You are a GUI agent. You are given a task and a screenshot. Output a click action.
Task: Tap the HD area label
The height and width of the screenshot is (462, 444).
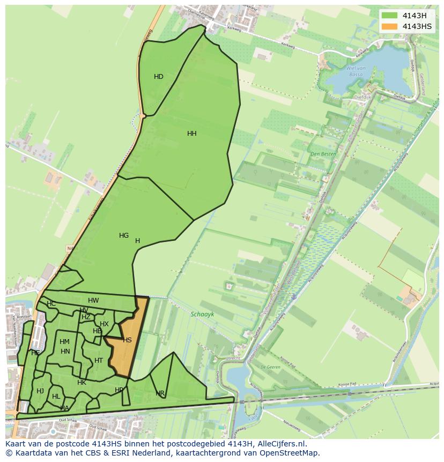pos(159,77)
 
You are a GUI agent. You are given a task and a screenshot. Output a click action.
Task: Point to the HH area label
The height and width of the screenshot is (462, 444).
pos(192,134)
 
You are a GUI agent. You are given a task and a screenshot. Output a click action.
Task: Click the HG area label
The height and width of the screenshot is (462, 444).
pos(124,236)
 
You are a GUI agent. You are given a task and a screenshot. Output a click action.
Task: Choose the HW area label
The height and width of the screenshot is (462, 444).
pos(93,300)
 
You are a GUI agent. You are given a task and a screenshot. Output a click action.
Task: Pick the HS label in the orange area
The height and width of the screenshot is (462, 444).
pos(127,340)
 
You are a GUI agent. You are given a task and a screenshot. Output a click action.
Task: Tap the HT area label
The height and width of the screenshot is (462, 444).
pos(99,361)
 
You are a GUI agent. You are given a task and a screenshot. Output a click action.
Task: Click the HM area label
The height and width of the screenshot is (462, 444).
pos(64,342)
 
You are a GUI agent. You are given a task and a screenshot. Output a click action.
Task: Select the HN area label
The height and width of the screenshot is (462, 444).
pos(65,351)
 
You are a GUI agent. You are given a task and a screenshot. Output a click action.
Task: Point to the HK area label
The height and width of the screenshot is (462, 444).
pos(82,383)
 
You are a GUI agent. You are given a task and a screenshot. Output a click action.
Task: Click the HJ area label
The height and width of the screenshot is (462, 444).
pos(40,391)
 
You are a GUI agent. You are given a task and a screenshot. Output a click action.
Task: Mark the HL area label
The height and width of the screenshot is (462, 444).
pos(56,397)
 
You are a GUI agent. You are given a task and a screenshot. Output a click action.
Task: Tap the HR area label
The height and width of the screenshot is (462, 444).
pos(160,393)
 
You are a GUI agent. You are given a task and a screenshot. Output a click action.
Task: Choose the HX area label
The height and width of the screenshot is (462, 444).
pos(104,324)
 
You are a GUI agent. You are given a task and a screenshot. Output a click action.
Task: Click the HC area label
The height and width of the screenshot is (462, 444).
pos(51,304)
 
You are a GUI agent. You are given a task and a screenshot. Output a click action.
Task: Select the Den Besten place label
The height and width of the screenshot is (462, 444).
pos(323,154)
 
